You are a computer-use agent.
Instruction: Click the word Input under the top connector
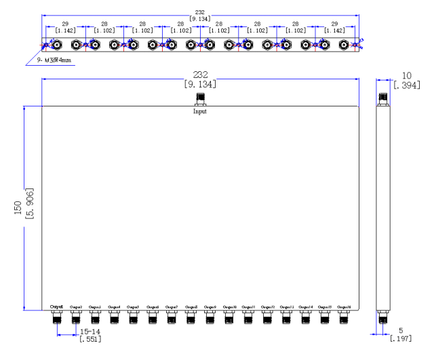(200, 111)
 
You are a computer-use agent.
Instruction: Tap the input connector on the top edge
(200, 100)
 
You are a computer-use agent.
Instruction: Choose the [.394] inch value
(406, 84)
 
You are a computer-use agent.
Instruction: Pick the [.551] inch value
(90, 339)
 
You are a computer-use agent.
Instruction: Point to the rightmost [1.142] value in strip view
(334, 31)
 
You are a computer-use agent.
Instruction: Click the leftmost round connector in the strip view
(57, 45)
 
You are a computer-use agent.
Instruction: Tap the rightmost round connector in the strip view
(344, 45)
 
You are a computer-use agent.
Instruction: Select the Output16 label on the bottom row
(344, 306)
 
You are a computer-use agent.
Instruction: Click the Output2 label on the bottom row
(76, 306)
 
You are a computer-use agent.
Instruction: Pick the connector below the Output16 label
(344, 317)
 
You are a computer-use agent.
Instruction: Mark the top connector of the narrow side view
(384, 100)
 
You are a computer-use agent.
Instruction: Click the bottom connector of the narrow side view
(384, 317)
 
